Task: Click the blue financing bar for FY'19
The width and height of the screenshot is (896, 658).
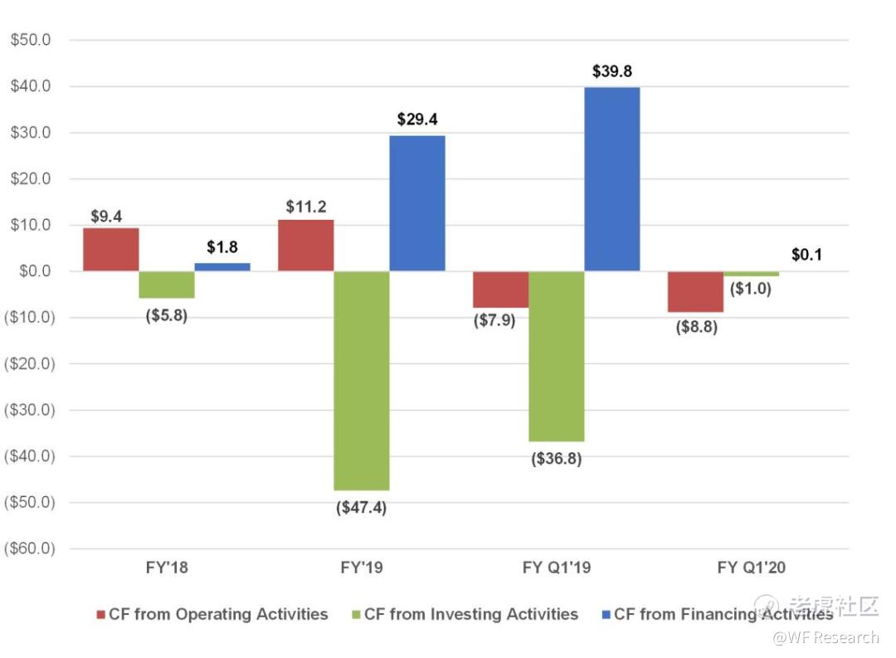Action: pos(417,203)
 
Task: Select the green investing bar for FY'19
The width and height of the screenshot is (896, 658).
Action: pos(362,380)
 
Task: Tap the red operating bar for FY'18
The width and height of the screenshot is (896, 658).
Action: pos(110,249)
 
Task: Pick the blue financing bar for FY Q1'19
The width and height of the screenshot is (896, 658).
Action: pos(612,179)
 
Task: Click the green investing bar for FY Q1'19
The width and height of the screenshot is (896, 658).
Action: pos(557,356)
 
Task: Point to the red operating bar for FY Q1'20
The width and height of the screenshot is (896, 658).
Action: pos(695,291)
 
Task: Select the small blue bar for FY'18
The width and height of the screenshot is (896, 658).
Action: pos(222,267)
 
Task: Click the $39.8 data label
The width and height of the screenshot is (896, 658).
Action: pos(612,71)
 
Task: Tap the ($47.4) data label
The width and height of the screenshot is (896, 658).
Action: pos(361,508)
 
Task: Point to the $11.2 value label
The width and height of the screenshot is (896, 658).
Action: pos(306,207)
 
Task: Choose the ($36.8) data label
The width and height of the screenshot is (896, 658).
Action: pos(557,459)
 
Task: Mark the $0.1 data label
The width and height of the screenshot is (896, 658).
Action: pos(806,255)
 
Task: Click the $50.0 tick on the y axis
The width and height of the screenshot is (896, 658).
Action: pos(32,40)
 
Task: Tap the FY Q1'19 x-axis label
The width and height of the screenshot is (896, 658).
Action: pos(557,568)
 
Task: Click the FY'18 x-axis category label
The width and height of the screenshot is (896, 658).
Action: pos(166,568)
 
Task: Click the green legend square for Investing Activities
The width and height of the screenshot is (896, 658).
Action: pos(357,615)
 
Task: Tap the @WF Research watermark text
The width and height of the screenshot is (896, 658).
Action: pos(825,638)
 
